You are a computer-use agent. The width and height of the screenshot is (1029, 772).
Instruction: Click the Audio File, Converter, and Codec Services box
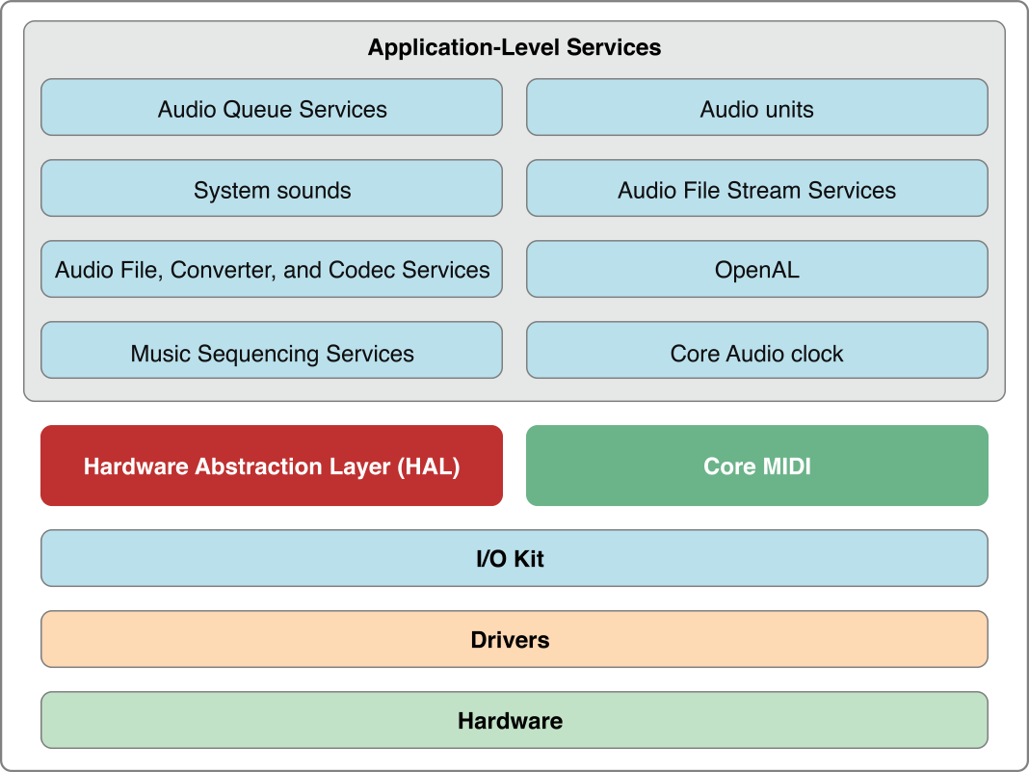[272, 269]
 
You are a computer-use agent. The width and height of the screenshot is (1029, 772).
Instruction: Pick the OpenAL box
[756, 269]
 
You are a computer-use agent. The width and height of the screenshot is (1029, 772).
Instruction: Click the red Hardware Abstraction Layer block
[272, 466]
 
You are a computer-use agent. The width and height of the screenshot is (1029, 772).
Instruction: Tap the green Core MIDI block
[756, 466]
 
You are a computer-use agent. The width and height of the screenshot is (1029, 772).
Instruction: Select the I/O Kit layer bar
[514, 558]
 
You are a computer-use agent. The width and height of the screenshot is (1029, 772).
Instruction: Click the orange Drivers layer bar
[514, 639]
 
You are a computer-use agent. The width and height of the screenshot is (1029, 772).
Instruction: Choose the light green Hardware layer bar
[514, 720]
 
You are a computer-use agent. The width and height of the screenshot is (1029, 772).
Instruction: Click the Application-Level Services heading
[514, 47]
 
